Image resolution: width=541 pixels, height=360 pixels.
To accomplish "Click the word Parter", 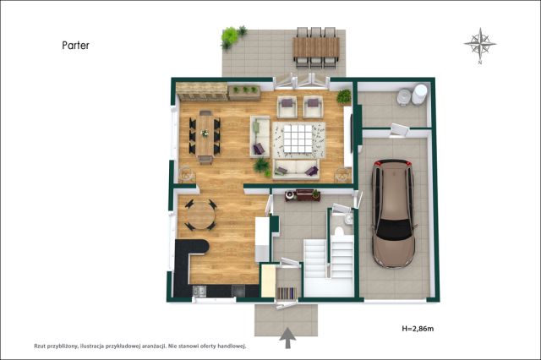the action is coord(75,45).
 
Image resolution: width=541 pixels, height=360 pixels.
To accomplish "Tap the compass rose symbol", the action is coord(480,45).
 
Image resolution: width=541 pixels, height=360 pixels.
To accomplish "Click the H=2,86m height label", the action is coord(418,329).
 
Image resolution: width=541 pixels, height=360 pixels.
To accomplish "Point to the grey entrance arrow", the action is coord(287,339).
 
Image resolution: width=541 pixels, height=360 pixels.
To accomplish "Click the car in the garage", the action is coord(393,213).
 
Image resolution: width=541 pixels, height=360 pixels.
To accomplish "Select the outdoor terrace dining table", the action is coord(315,47).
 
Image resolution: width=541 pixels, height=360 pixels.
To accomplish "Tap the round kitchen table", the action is coord(201,215).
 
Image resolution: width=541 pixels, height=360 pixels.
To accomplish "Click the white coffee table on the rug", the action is coord(298,139).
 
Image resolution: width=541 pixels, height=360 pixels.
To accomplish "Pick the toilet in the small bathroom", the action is coord(340,232).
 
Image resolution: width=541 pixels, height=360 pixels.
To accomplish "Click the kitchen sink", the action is coord(199,292).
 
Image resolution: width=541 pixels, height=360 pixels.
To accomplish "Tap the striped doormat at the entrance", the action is coord(287,292).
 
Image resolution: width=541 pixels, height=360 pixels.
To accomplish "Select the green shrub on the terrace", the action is coord(232,37).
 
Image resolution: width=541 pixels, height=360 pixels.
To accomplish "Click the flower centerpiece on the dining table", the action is coord(205,134).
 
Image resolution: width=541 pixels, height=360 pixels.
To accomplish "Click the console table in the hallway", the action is coord(303,195).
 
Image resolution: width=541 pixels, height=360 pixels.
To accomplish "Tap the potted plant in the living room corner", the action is coord(344,96).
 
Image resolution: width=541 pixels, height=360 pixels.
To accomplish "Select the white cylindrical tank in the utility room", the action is coord(419,94).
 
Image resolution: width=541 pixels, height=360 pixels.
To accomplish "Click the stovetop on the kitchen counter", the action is coord(238,291).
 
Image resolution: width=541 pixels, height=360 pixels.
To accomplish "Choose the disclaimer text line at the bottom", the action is coord(139,346).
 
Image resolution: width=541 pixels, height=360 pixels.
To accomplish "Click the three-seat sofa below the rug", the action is coord(296,169).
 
